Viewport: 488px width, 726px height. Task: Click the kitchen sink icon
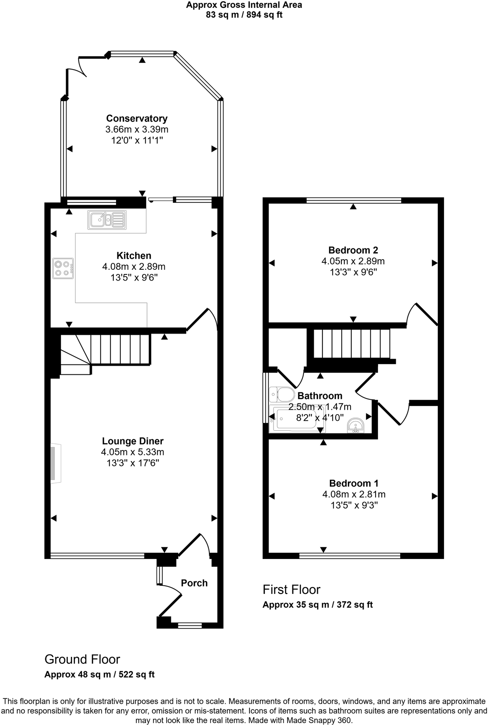106,220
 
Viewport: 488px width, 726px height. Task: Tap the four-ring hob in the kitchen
63,268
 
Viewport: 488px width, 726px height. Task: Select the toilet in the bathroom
282,395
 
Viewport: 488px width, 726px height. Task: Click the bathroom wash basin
355,425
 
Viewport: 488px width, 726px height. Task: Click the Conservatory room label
137,118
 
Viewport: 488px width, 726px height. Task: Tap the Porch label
194,583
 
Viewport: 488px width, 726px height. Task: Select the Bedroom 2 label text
353,250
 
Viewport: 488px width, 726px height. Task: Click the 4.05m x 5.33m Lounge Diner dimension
133,452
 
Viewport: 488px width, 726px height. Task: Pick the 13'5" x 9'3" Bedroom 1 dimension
354,505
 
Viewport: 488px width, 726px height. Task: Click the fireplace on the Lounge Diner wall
55,463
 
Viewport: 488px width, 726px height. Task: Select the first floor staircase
351,343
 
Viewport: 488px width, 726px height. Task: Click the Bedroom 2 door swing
422,315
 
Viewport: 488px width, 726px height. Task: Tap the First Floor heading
291,589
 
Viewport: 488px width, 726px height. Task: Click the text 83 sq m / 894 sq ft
244,15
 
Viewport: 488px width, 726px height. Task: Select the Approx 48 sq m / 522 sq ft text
99,675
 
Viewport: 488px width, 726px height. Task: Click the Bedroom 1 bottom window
350,556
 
